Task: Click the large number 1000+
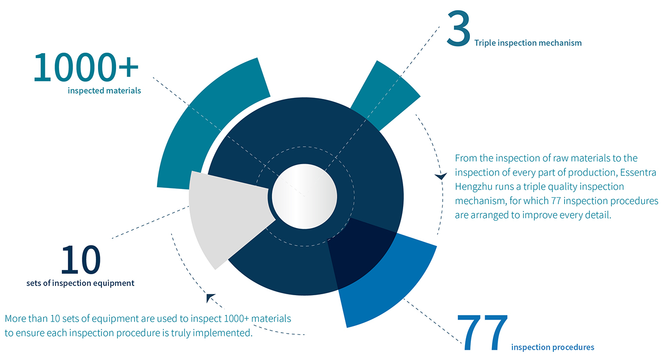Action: coord(86,67)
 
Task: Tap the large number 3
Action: coord(458,28)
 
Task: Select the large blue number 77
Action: coord(483,333)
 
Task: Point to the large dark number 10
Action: coord(81,260)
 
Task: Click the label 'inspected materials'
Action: coord(104,91)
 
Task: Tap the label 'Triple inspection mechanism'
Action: coord(528,43)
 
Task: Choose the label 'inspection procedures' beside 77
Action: coord(553,347)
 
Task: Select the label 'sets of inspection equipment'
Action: coord(80,283)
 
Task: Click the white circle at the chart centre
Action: coord(305,196)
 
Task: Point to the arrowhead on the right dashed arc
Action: coord(441,176)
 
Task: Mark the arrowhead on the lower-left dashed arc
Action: coord(210,298)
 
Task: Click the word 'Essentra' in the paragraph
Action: coord(638,172)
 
